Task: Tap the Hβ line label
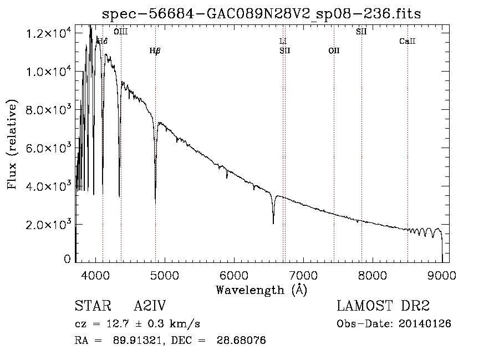tap(155, 51)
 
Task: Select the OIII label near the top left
tap(120, 32)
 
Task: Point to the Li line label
tap(283, 42)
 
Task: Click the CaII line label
tap(408, 42)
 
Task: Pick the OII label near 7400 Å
tap(334, 51)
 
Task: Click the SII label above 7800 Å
tap(361, 32)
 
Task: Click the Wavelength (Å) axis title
tap(261, 290)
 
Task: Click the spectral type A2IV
tap(150, 306)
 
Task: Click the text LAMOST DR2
tap(383, 306)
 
